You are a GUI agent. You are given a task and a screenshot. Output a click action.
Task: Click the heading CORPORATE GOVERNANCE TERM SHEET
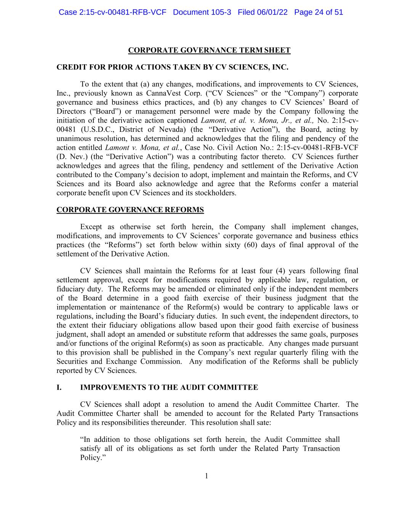click(209, 50)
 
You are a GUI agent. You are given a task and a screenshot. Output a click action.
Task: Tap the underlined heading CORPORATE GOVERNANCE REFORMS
click(130, 210)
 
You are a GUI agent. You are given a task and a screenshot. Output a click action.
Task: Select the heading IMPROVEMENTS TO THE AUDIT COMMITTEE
click(169, 387)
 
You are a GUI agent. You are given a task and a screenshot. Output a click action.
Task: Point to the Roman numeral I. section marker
click(59, 387)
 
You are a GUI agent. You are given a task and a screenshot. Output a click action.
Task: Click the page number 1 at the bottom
click(207, 476)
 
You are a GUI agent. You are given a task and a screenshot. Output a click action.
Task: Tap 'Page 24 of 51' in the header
click(319, 12)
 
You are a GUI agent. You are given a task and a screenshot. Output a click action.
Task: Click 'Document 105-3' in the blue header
click(202, 12)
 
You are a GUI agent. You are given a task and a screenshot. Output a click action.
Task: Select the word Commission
click(161, 362)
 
